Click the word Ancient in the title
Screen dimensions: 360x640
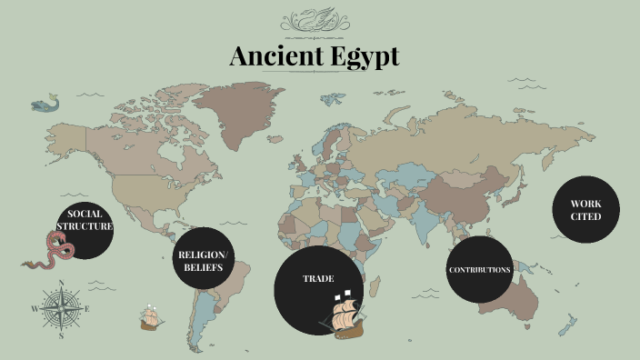272,56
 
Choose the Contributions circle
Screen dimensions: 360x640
479,270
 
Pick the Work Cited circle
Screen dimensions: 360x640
586,209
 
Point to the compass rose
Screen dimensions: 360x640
61,309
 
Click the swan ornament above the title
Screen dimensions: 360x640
314,20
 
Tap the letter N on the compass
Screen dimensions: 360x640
61,284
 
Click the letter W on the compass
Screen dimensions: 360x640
35,309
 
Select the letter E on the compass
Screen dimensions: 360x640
86,309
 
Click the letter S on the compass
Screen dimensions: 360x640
61,335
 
